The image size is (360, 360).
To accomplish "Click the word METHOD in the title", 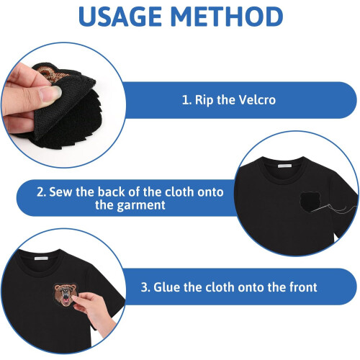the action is pyautogui.click(x=227, y=17).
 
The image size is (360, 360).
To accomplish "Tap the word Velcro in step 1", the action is pyautogui.click(x=258, y=100).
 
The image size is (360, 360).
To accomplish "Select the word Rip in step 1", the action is pyautogui.click(x=204, y=100).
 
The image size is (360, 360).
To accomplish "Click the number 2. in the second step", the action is pyautogui.click(x=42, y=192).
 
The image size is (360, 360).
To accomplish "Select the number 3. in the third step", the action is pyautogui.click(x=145, y=287).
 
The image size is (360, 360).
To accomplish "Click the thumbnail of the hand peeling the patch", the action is pyautogui.click(x=63, y=105).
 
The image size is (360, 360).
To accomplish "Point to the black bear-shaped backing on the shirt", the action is pyautogui.click(x=310, y=202).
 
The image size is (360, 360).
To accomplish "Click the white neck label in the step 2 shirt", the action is pyautogui.click(x=284, y=166).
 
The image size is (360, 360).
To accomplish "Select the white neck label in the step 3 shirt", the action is pyautogui.click(x=41, y=258).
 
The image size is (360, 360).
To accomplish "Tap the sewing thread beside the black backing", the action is pyautogui.click(x=336, y=210).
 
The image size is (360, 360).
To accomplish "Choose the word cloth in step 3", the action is pyautogui.click(x=220, y=287).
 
